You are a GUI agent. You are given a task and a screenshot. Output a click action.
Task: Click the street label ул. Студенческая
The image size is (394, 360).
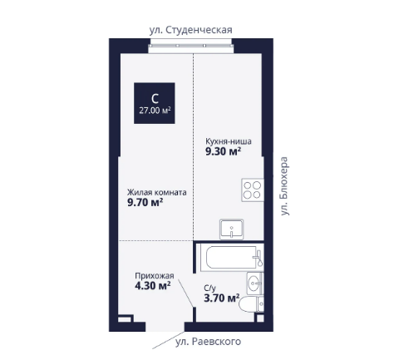tap(190, 30)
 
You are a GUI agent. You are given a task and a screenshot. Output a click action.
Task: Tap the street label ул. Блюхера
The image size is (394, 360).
tap(284, 186)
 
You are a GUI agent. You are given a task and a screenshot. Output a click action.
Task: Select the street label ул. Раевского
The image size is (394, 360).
tap(208, 342)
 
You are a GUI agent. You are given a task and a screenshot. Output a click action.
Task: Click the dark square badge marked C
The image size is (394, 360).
tap(155, 103)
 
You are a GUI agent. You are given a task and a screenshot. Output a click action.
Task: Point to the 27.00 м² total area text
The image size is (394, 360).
tap(155, 111)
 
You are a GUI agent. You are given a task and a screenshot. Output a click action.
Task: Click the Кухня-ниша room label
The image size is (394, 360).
tap(229, 141)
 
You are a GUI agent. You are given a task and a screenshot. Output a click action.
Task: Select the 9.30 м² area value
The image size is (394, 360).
tap(223, 151)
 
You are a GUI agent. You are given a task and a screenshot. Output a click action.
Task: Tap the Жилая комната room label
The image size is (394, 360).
tap(157, 192)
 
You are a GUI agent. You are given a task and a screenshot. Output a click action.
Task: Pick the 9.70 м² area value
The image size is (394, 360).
tap(145, 203)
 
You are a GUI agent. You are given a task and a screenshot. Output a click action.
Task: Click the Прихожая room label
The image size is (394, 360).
tap(155, 276)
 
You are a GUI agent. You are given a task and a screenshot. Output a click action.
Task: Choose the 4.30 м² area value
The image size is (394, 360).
tap(152, 285)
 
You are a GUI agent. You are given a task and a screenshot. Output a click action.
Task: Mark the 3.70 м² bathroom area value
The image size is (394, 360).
tap(222, 298)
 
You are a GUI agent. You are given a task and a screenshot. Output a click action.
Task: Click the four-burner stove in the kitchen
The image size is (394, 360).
tap(252, 190)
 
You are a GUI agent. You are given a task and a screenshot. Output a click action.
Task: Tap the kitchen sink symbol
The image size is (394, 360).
tap(232, 229)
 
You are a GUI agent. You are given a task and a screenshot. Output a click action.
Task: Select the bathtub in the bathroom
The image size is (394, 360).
tap(231, 257)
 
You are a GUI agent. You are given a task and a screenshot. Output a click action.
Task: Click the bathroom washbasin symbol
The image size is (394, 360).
tap(254, 283)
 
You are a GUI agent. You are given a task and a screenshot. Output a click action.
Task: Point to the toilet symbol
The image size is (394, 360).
tap(251, 303)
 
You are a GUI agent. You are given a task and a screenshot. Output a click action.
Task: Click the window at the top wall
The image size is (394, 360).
tap(191, 46)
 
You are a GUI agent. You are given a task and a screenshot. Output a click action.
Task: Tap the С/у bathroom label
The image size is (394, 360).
tap(209, 288)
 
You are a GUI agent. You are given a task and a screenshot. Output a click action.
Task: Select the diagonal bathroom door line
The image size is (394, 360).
tap(185, 293)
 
